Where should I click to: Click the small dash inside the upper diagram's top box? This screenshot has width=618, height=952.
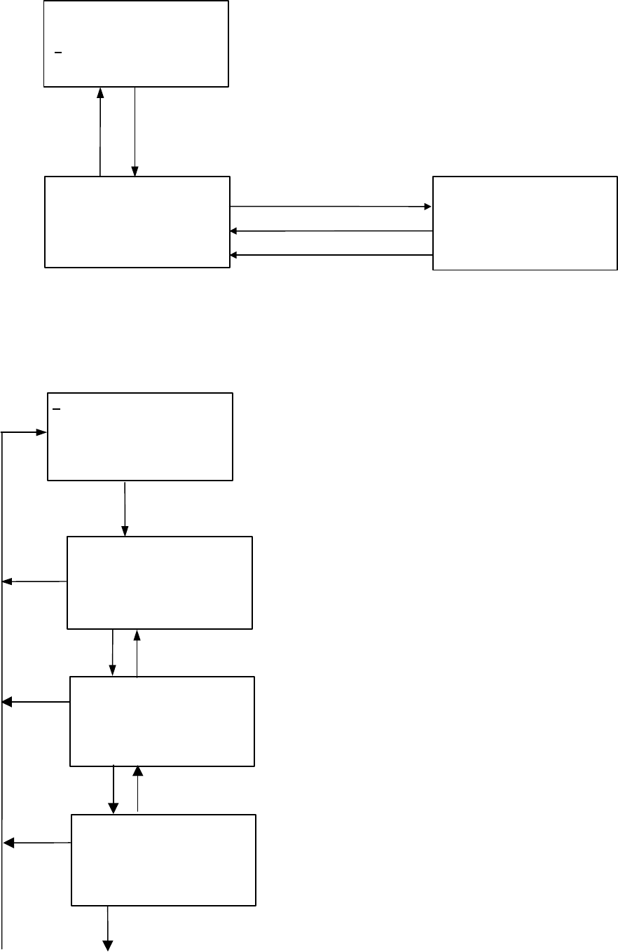coord(58,53)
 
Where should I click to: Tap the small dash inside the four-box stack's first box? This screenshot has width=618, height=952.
coord(55,408)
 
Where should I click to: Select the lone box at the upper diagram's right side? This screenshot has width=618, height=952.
coord(525,223)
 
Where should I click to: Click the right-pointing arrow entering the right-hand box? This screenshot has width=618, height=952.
coord(331,207)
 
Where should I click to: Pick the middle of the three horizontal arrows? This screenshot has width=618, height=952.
coord(331,231)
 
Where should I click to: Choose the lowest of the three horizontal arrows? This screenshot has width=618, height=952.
coord(331,256)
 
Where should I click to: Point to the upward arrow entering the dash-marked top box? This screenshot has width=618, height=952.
coord(101,132)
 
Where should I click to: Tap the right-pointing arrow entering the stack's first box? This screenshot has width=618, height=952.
coord(25,433)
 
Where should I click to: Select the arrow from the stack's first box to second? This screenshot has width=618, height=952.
coord(125,509)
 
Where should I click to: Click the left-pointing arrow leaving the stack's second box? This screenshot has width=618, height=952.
coord(35,581)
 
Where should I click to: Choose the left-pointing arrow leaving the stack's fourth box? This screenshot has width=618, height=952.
coord(38,843)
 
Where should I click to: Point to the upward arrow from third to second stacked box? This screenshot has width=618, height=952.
coord(137,653)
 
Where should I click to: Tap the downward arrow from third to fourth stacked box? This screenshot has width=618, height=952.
coord(113,789)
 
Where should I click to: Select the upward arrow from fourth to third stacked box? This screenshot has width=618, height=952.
coord(137,789)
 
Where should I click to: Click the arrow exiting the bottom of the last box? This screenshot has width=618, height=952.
coord(109,928)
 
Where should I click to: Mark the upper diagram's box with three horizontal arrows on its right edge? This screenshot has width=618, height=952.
coord(137,221)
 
